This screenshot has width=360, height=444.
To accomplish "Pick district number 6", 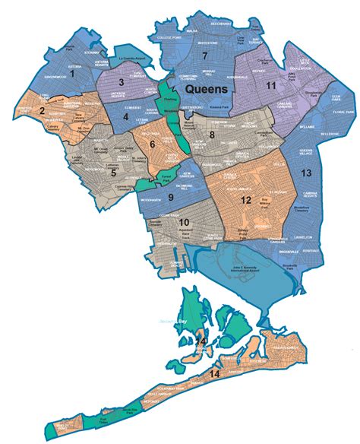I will click(152, 143).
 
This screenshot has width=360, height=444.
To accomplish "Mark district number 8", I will click(213, 135).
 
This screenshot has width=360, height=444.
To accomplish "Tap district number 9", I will click(171, 197).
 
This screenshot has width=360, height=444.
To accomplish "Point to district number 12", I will click(245, 200).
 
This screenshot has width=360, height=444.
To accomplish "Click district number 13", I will click(306, 173).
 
